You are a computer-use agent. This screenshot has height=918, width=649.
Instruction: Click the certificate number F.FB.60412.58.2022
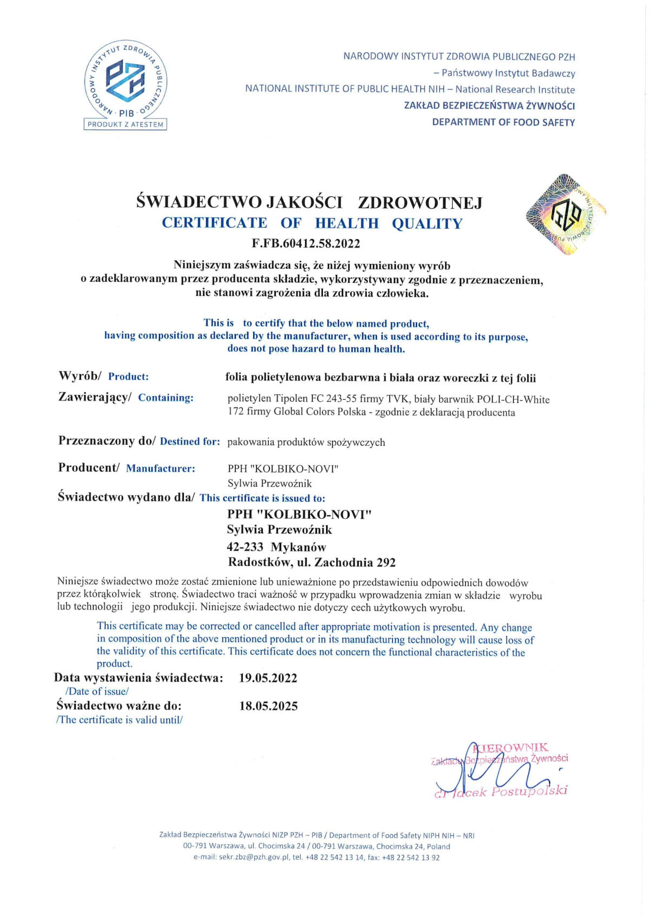click(x=306, y=243)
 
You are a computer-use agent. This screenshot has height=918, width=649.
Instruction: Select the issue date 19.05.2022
click(x=268, y=678)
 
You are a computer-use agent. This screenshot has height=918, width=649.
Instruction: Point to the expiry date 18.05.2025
click(x=268, y=706)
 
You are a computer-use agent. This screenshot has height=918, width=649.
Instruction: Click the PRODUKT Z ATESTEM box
click(x=125, y=124)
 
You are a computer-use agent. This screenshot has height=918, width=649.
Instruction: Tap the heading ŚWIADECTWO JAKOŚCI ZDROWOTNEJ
click(x=309, y=202)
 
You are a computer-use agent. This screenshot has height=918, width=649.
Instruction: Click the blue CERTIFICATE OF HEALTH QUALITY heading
click(x=312, y=223)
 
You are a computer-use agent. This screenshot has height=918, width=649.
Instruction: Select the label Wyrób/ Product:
click(x=103, y=377)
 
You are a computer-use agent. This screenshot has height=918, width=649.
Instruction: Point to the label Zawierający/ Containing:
click(x=125, y=398)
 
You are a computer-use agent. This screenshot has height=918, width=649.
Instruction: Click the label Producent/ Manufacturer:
click(x=127, y=468)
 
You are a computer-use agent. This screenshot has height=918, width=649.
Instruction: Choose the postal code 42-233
click(x=245, y=547)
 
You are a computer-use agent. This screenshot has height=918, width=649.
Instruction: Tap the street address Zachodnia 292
click(x=355, y=563)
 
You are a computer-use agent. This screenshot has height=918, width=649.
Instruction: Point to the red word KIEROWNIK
click(x=511, y=748)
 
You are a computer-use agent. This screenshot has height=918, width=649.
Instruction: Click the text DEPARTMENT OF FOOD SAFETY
click(x=503, y=122)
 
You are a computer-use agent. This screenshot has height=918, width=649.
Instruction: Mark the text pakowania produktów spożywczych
click(x=306, y=443)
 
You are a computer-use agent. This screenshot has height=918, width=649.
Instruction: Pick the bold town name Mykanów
click(x=299, y=547)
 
